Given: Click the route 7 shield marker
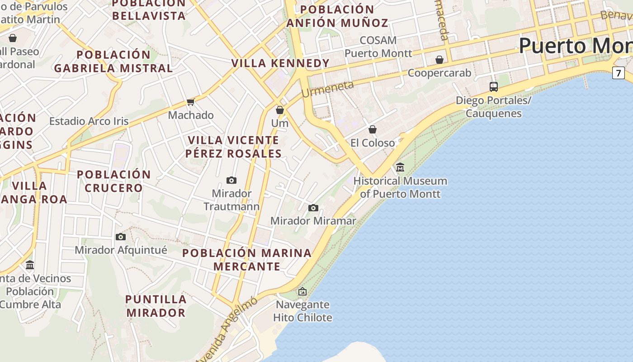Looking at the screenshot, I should tap(618, 72).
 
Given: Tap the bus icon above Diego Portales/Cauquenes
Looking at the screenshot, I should tap(494, 87).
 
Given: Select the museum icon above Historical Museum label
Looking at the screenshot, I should tap(400, 167).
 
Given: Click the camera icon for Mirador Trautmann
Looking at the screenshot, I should tap(231, 181).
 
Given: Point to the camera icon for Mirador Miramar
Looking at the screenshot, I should tap(313, 208).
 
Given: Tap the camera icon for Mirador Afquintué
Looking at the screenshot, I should tap(120, 237).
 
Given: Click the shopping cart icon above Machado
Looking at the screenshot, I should tap(191, 102).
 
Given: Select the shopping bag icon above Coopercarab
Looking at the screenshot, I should tap(439, 60).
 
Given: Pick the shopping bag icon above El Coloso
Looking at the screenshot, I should tap(373, 130).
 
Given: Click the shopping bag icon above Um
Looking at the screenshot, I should tap(280, 110).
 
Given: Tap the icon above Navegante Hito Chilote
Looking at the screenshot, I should tap(302, 291).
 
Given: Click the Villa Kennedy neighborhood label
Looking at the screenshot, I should tap(280, 63).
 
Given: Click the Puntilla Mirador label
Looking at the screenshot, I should tap(156, 306).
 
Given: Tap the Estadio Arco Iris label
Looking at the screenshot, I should tap(89, 121).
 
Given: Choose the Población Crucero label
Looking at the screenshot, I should tap(113, 181).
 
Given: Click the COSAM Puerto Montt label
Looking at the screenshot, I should tap(378, 47).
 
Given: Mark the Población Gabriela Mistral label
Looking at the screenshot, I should tap(113, 62).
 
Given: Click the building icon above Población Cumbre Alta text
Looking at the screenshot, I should tap(30, 265).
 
